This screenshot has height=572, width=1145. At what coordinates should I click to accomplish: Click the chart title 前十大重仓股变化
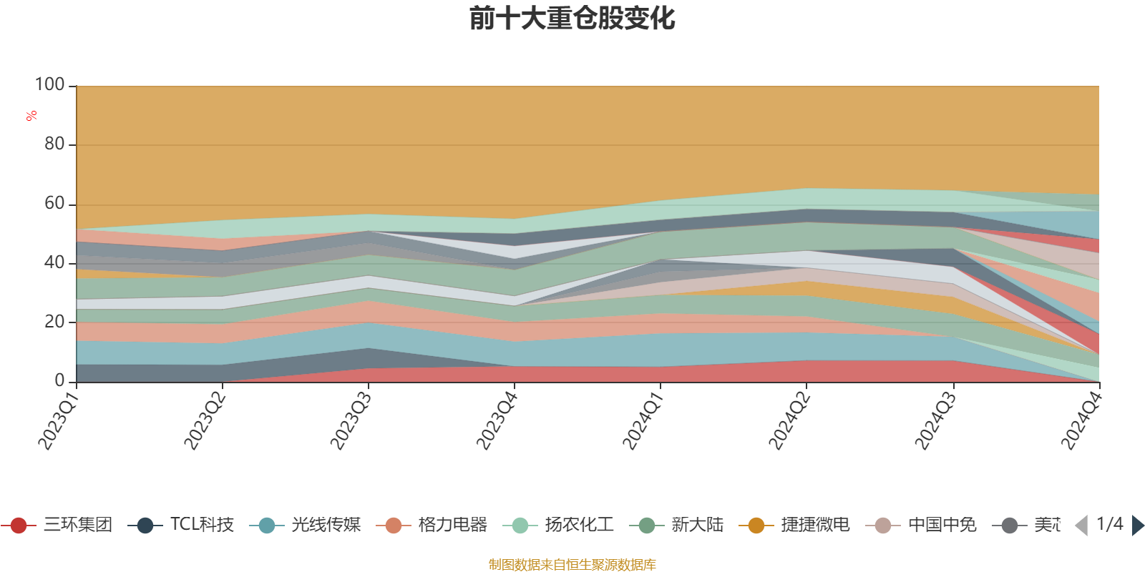[x=572, y=19]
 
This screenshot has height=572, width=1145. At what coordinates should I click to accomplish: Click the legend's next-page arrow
[x=1137, y=526]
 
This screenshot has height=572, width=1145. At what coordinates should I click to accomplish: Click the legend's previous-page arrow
[x=1081, y=526]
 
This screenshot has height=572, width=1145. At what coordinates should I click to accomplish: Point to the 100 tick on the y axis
[x=50, y=85]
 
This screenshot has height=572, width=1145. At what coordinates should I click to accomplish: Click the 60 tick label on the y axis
[x=54, y=204]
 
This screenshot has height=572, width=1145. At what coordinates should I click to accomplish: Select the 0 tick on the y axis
[x=60, y=381]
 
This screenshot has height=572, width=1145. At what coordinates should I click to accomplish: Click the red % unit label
[x=31, y=116]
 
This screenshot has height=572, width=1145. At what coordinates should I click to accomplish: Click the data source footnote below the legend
[x=572, y=565]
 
